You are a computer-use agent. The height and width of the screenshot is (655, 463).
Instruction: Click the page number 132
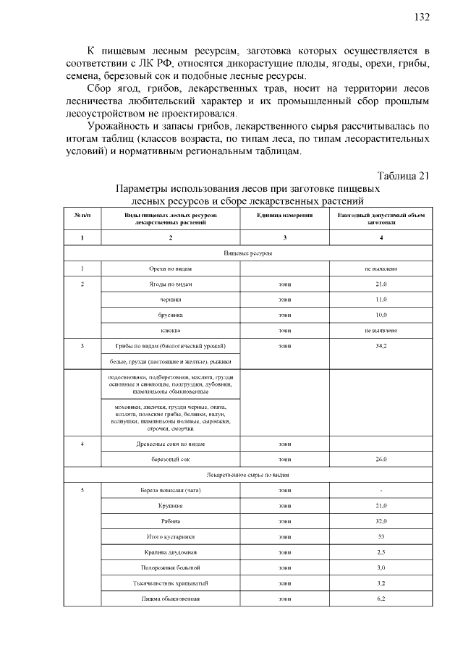click(423, 17)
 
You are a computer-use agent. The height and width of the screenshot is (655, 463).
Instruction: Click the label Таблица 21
click(404, 176)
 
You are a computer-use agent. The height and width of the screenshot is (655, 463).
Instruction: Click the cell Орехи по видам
click(170, 269)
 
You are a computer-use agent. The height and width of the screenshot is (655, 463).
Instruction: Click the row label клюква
click(170, 330)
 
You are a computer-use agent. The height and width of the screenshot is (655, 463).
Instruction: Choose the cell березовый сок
click(170, 459)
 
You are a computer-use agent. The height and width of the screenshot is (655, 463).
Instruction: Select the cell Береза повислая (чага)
click(170, 490)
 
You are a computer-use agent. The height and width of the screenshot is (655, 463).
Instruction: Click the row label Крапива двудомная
click(170, 552)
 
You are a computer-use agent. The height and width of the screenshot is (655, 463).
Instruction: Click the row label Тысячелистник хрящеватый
click(170, 583)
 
